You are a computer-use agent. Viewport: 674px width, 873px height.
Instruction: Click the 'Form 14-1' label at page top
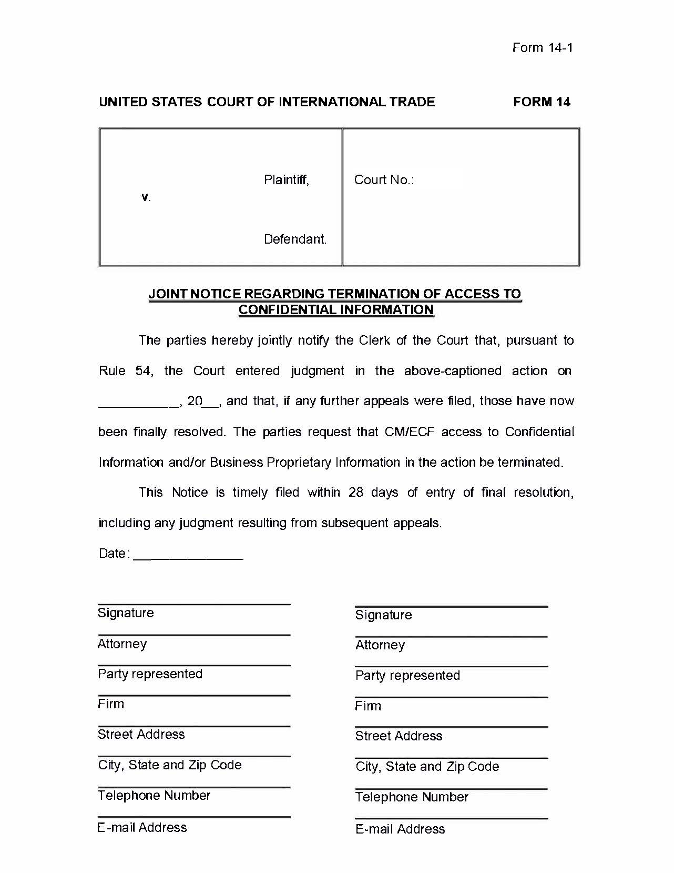(x=542, y=48)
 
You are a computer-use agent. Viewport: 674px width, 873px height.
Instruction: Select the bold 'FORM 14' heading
(x=542, y=102)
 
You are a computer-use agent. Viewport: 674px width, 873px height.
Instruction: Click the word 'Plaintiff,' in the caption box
(x=287, y=180)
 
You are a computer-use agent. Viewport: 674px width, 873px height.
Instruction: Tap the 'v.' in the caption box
(x=146, y=198)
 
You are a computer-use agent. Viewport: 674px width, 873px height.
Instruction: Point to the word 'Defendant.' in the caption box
(x=295, y=239)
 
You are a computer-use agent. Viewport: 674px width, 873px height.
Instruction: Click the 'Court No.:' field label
(x=384, y=180)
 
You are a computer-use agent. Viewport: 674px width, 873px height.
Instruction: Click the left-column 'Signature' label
(x=126, y=613)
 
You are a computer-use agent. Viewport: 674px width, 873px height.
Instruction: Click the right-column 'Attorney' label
(x=380, y=645)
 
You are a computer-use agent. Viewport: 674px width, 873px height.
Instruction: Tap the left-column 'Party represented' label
(x=150, y=674)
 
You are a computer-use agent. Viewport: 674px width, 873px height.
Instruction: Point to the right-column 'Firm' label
(x=368, y=706)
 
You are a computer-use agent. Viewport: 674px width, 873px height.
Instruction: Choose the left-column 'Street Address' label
(x=141, y=735)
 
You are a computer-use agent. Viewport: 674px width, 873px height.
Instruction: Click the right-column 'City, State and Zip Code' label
(x=427, y=767)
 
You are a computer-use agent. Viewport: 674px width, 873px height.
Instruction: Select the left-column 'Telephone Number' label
(x=154, y=796)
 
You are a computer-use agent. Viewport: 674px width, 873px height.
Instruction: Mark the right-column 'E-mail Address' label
(x=400, y=829)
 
